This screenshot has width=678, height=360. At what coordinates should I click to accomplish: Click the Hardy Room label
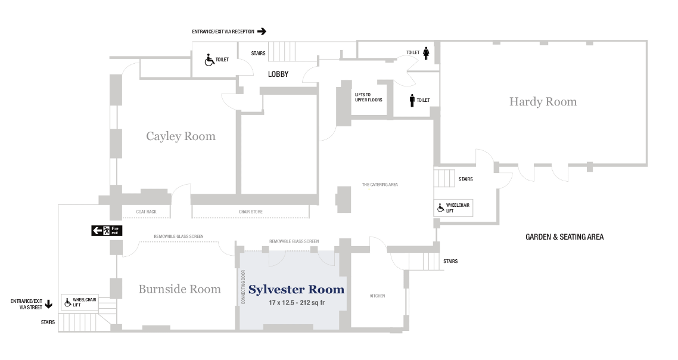click(543, 102)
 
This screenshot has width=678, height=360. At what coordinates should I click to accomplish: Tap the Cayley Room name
click(181, 136)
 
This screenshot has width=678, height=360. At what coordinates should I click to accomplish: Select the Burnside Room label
click(179, 290)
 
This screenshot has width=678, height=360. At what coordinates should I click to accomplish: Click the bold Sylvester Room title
click(296, 290)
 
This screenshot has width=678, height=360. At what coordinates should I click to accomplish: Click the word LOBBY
click(278, 75)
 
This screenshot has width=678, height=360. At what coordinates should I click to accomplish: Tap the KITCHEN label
click(378, 296)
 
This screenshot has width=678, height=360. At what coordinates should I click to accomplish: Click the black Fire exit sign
click(107, 231)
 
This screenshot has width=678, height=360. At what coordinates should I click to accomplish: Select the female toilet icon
click(427, 53)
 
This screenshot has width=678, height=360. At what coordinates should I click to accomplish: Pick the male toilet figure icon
click(412, 100)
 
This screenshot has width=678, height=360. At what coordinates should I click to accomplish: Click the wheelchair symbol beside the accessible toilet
click(209, 60)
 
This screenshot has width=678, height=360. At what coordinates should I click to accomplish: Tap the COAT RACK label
click(146, 212)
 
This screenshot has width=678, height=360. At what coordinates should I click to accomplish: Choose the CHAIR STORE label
click(250, 212)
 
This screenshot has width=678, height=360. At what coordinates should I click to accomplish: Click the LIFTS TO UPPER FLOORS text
click(368, 98)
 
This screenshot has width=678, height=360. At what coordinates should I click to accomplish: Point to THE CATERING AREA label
click(380, 185)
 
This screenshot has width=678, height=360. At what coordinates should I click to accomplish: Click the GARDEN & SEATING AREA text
click(564, 237)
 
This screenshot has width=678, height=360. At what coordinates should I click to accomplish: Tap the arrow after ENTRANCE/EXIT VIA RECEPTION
click(261, 31)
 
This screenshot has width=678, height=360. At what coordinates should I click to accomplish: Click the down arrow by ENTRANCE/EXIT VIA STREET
click(49, 304)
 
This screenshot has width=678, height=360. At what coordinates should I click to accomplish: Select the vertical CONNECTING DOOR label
click(244, 287)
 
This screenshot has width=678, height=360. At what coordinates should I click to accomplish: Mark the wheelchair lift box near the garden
click(454, 207)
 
